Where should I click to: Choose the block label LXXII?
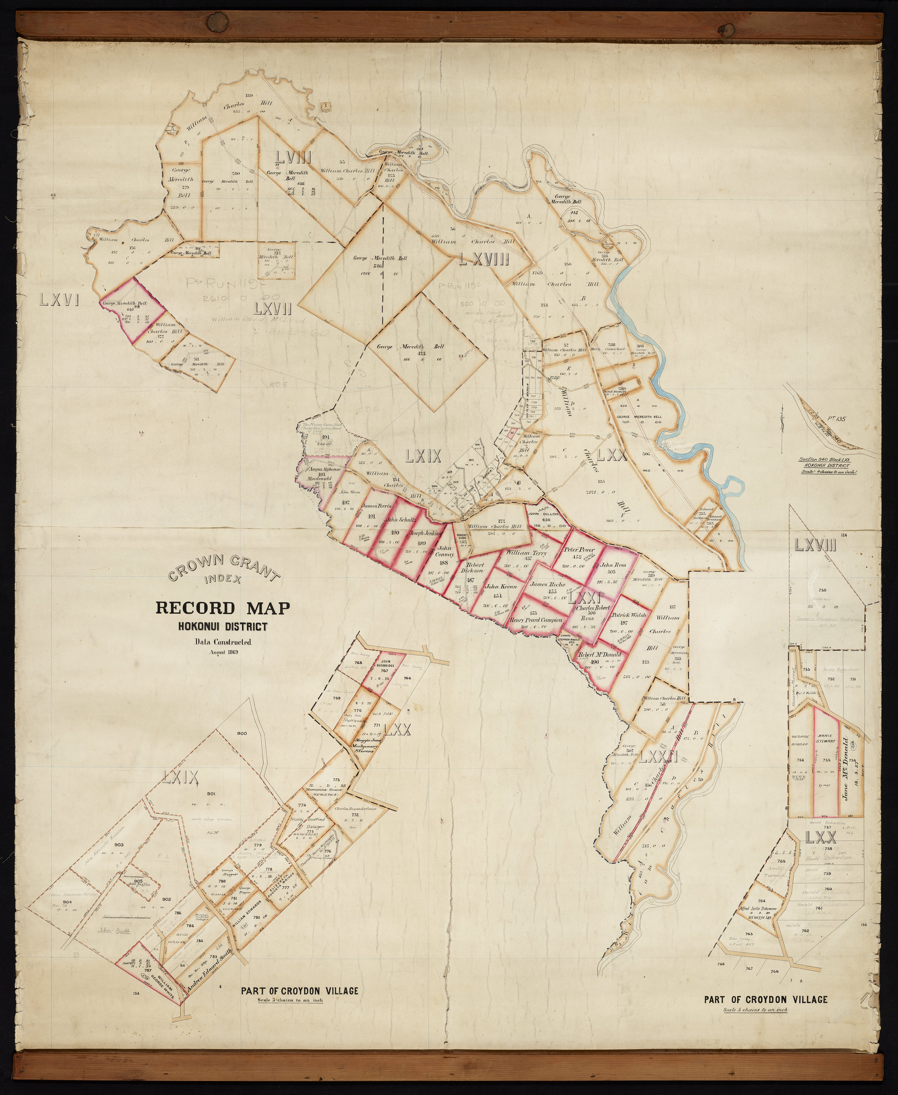pyautogui.click(x=657, y=758)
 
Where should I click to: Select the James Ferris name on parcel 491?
pyautogui.click(x=376, y=506)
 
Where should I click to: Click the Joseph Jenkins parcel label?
pyautogui.click(x=425, y=533)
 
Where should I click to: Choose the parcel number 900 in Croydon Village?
pyautogui.click(x=242, y=733)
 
